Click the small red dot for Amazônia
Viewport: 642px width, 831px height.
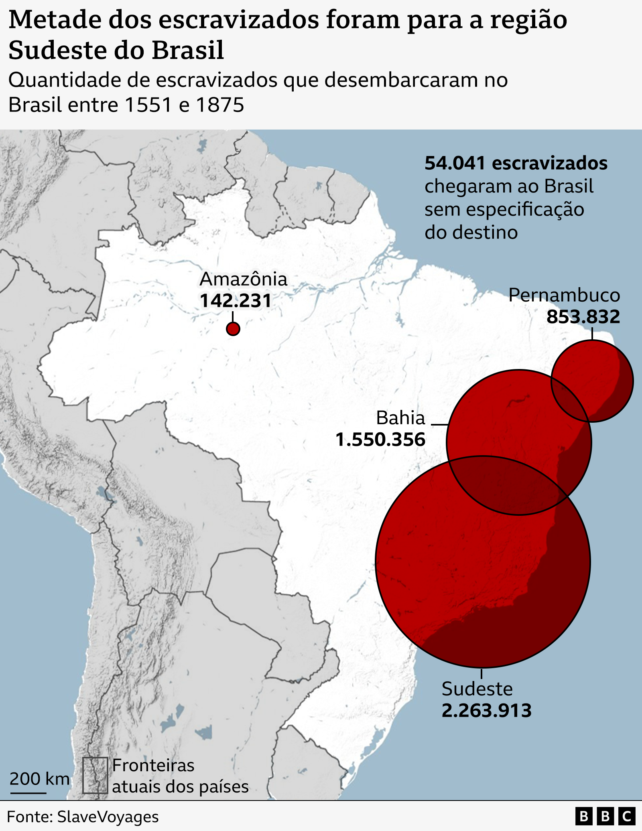233,329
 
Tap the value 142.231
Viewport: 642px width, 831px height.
236,301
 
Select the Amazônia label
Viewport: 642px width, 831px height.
244,280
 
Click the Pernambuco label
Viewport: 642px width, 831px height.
564,296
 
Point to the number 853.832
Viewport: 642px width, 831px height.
583,317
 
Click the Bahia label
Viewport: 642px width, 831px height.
400,418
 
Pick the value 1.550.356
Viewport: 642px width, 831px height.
380,440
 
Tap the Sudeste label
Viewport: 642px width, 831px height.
477,689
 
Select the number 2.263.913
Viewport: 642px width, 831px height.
486,711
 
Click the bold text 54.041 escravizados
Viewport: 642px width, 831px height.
516,164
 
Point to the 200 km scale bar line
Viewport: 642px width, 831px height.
28,793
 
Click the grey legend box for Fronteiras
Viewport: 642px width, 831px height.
95,775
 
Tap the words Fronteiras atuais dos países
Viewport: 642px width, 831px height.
180,776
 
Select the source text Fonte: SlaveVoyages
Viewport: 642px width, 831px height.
83,817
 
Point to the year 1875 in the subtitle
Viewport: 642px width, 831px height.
220,105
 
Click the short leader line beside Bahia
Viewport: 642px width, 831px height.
439,424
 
